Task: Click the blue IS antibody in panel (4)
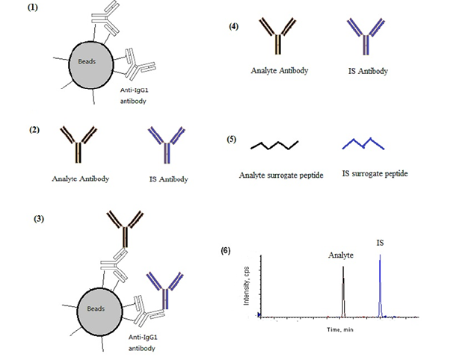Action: (x=365, y=38)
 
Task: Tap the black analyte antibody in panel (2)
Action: (x=76, y=148)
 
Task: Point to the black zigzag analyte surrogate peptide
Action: (x=274, y=143)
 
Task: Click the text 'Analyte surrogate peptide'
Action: (x=280, y=176)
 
